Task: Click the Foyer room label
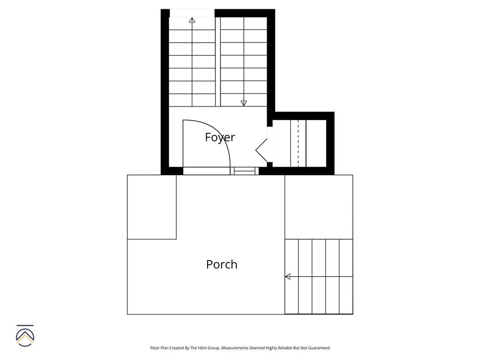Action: pos(220,137)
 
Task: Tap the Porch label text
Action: pos(222,264)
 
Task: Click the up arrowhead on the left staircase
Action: pos(192,20)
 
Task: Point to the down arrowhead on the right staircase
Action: pos(244,103)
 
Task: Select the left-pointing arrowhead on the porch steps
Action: pos(288,277)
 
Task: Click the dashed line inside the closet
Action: pos(298,143)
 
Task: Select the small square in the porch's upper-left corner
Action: pos(152,207)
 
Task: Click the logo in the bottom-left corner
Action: pos(25,336)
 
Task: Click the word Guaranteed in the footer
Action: pos(318,348)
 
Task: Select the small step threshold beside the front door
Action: pos(244,172)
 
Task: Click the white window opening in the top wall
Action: pos(192,13)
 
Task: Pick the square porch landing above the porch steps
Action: pos(319,207)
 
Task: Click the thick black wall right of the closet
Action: pos(330,143)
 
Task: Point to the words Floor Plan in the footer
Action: pos(159,348)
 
